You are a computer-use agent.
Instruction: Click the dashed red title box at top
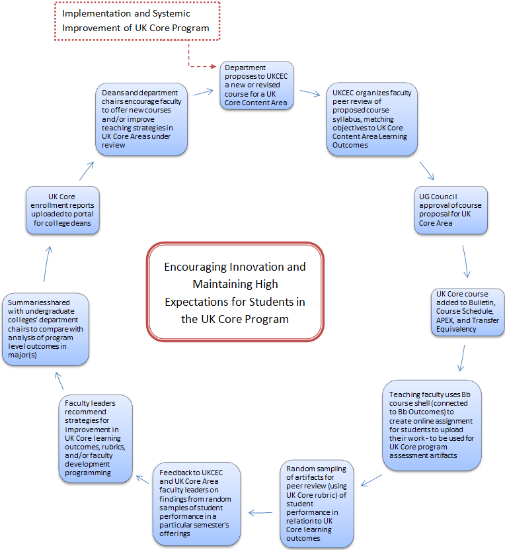pos(137,21)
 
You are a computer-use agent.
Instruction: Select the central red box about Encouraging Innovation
pos(235,291)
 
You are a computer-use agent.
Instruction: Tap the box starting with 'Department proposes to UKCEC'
pos(256,85)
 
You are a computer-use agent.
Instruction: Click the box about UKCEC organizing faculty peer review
pos(372,119)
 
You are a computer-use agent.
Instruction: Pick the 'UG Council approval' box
pos(451,210)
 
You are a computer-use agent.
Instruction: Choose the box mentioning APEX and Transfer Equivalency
pos(468,312)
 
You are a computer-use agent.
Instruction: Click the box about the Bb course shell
pos(432,425)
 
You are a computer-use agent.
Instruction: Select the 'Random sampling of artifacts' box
pos(317,504)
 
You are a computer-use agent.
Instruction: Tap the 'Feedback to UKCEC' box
pos(197,504)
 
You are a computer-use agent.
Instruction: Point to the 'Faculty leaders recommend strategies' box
pos(96,438)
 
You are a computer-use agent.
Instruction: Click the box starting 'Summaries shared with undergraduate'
pos(46,329)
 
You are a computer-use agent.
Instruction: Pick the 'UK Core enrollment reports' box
pos(63,210)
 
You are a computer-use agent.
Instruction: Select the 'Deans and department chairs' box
pos(141,119)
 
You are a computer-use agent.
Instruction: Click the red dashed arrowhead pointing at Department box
pos(214,66)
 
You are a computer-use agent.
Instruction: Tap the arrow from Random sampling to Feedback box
pos(260,513)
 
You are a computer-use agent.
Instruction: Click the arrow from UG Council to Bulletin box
pos(465,261)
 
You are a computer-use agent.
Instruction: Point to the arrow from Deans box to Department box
pos(204,92)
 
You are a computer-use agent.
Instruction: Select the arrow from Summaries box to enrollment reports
pos(48,264)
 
